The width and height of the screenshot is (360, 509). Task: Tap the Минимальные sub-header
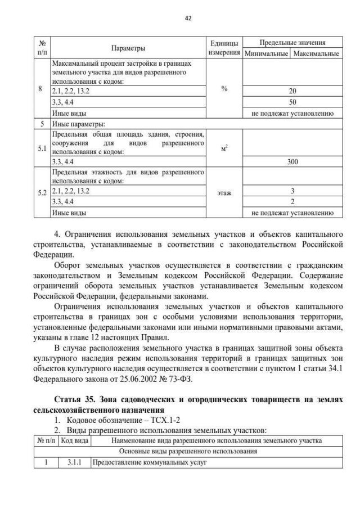(265, 54)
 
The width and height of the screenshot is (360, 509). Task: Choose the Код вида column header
(74, 440)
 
